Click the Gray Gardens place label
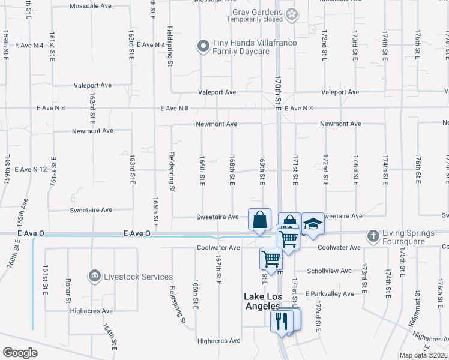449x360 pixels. click(255, 13)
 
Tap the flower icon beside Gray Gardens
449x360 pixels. click(292, 14)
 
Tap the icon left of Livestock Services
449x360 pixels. click(94, 276)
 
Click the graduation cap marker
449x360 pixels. click(312, 224)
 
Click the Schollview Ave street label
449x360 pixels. click(329, 271)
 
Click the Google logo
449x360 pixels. click(20, 353)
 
